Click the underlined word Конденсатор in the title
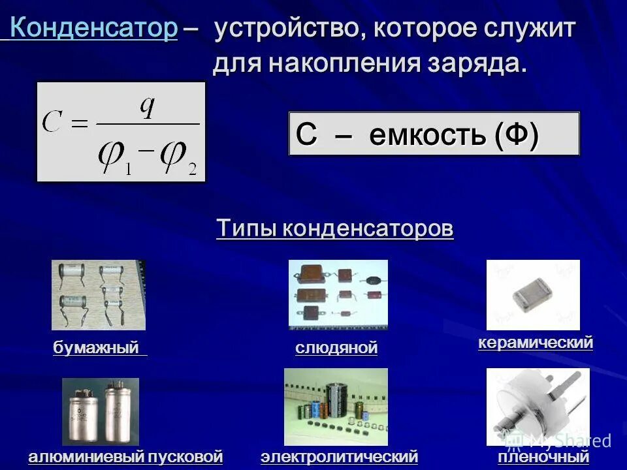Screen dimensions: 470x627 click(x=94, y=29)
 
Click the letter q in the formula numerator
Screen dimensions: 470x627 click(x=148, y=106)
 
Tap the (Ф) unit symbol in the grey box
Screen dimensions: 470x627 click(x=516, y=135)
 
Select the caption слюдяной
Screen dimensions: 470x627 click(x=336, y=348)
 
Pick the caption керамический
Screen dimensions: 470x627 click(x=536, y=342)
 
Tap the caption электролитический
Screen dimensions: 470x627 click(x=339, y=456)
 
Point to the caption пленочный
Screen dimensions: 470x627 click(x=543, y=456)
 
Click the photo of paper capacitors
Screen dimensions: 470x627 click(x=99, y=294)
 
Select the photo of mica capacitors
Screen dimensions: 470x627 click(x=338, y=294)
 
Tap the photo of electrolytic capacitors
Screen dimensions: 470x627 click(x=336, y=407)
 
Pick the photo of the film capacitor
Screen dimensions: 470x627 click(x=538, y=407)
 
